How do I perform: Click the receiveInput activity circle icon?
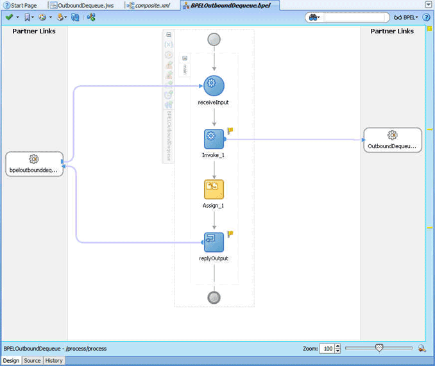pos(214,86)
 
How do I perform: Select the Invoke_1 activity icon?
pos(214,139)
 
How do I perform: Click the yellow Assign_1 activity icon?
pos(214,190)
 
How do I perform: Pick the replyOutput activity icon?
pos(214,242)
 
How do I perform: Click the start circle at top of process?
pos(214,39)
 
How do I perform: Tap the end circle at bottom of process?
pos(214,297)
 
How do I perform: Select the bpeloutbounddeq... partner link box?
pos(35,163)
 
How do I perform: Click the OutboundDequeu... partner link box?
pos(393,140)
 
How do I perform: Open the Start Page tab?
pos(21,5)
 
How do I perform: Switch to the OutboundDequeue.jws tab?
pos(82,5)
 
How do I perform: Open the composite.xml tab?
pos(149,5)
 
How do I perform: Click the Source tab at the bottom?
pos(32,360)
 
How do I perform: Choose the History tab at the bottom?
pos(54,360)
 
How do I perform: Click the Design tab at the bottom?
pos(11,360)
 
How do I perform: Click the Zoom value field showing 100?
pos(327,349)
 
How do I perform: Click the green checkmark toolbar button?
pos(9,17)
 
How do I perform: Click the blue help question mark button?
pos(426,17)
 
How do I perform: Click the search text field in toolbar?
pos(354,17)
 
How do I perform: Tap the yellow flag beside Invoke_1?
pos(230,131)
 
